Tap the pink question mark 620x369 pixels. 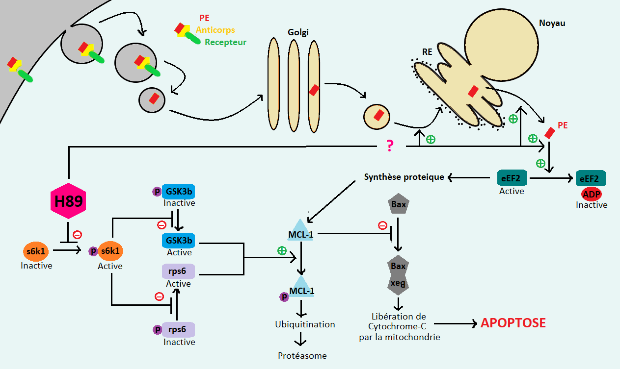(x=390, y=146)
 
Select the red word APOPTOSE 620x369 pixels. (x=513, y=323)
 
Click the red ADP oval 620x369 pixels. (x=591, y=194)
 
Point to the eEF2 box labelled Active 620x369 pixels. (x=512, y=177)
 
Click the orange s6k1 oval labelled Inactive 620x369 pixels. (x=36, y=250)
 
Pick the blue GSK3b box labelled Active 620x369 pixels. (x=179, y=240)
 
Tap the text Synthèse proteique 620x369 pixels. (x=404, y=177)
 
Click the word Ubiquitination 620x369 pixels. (x=305, y=324)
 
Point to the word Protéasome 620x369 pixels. (x=302, y=355)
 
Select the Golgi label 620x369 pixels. (x=298, y=32)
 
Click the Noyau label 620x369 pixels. (x=552, y=23)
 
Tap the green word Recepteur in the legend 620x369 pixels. (x=225, y=42)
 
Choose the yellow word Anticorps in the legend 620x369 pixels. (x=215, y=30)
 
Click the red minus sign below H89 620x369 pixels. (x=77, y=235)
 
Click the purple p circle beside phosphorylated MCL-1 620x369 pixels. (x=283, y=296)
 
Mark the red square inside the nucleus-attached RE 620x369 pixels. (x=473, y=91)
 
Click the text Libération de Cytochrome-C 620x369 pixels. (x=398, y=327)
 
